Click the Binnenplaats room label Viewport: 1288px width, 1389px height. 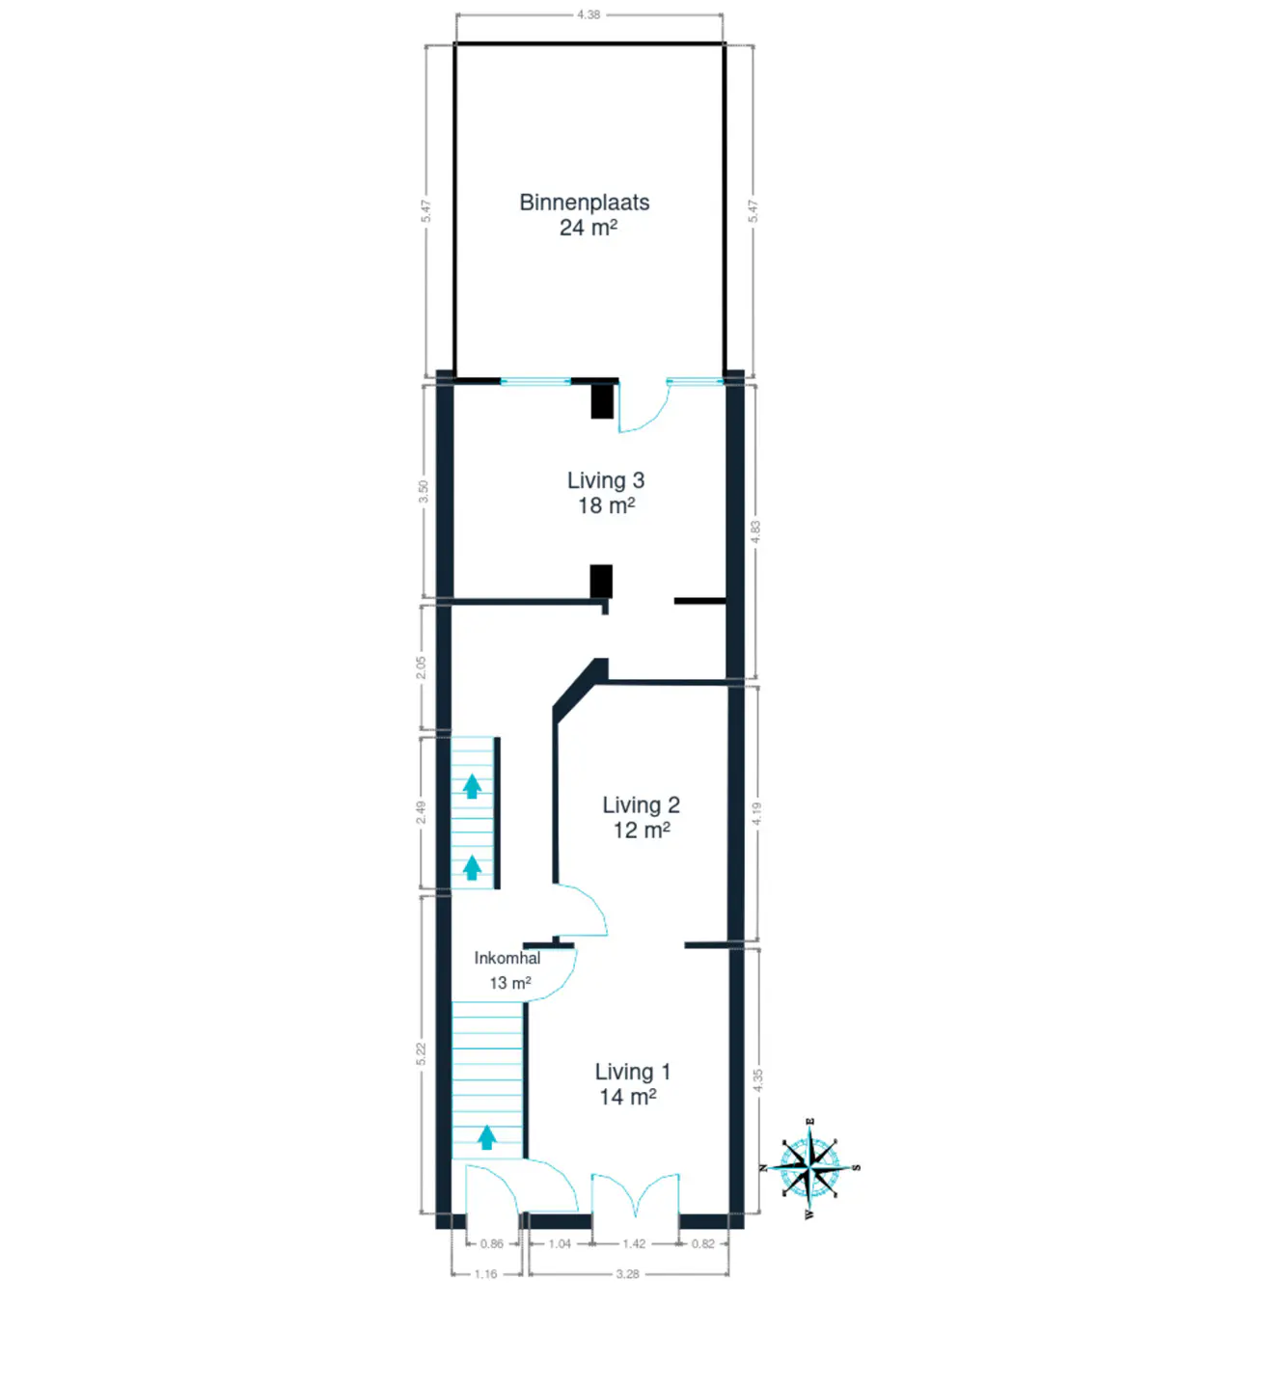click(x=584, y=203)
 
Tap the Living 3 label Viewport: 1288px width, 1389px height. click(x=605, y=480)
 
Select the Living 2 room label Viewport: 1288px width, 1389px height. click(x=641, y=805)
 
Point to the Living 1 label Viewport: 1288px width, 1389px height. click(x=633, y=1073)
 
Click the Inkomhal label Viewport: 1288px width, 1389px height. click(x=507, y=958)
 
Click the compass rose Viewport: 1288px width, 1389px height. click(x=809, y=1168)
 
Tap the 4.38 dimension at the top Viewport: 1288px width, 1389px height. click(x=589, y=14)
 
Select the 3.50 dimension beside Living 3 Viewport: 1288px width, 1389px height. click(x=424, y=492)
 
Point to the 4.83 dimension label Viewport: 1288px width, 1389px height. click(x=754, y=532)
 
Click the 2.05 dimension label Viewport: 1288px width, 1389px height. click(x=421, y=667)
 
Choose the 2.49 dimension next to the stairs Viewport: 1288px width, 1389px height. click(x=421, y=812)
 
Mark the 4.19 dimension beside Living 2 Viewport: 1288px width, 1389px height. click(x=757, y=813)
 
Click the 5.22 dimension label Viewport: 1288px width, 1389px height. click(x=421, y=1054)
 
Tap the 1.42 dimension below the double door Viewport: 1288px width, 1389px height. click(x=634, y=1243)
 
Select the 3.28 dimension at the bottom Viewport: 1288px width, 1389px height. click(x=627, y=1273)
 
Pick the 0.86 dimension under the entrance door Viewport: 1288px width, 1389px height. click(x=492, y=1243)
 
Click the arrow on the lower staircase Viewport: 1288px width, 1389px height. click(x=487, y=1137)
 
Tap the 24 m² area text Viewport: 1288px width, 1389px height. click(x=589, y=228)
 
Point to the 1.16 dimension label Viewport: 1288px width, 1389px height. click(x=485, y=1273)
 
